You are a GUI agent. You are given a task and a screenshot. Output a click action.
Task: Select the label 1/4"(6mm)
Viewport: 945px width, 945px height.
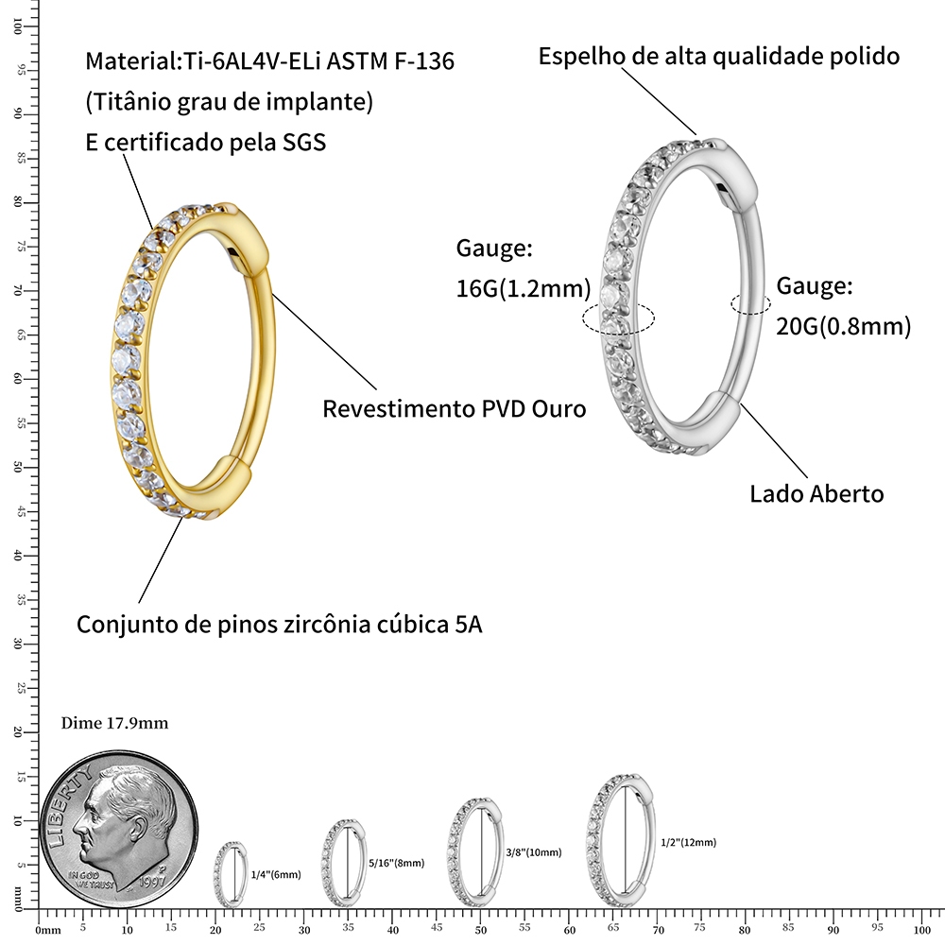point(276,874)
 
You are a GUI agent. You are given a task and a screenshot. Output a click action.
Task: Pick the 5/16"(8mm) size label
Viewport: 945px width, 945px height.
point(397,863)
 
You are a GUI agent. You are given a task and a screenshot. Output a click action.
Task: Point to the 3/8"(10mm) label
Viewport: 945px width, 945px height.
point(534,852)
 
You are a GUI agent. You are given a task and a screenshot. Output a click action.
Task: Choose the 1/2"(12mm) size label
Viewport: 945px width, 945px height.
point(688,842)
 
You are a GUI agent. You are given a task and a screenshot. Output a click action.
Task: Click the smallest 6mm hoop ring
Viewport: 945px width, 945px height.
point(215,874)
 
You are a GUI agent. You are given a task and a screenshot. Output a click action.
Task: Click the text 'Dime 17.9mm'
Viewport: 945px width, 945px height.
point(114,723)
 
